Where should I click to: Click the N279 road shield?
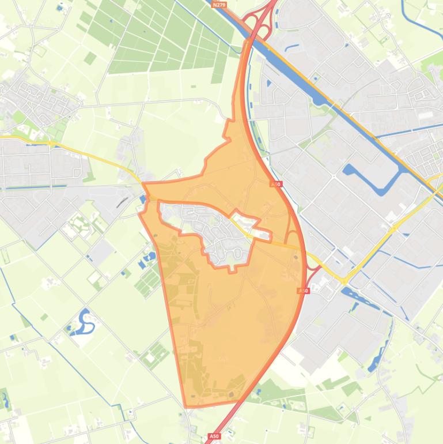219,5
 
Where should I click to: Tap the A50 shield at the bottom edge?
214,437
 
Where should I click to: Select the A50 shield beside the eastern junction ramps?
304,291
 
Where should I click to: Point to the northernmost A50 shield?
277,184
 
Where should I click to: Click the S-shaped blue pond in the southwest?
86,322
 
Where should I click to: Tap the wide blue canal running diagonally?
323,98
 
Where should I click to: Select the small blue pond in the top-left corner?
60,8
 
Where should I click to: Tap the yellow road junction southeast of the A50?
344,280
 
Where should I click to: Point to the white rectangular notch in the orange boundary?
262,235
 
